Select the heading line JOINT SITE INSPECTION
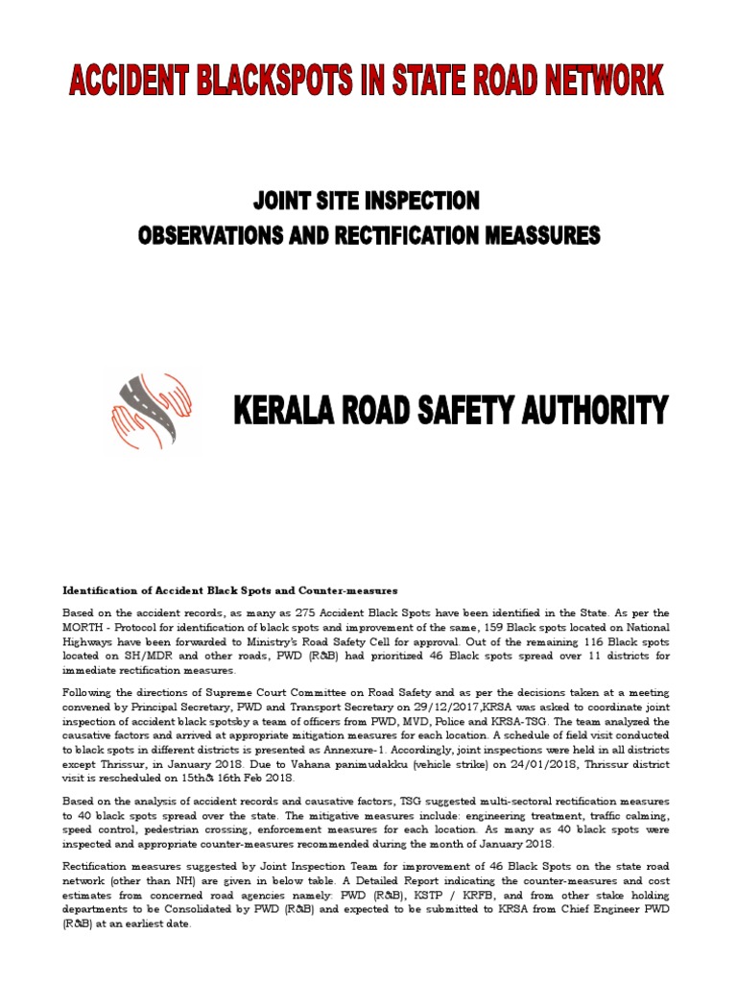(366, 202)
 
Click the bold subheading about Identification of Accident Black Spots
(229, 589)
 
